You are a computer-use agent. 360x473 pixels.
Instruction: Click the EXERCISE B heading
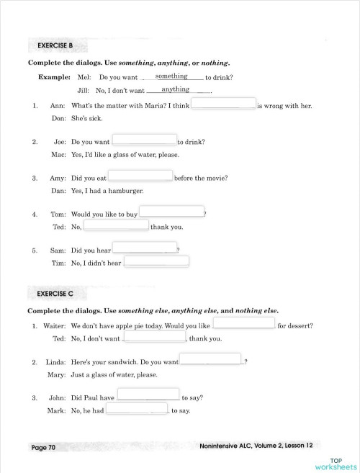pos(55,46)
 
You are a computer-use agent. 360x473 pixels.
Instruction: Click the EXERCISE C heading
pos(55,294)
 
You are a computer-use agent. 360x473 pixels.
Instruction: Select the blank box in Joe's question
pos(144,140)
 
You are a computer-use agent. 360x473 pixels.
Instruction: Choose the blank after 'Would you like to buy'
pos(171,211)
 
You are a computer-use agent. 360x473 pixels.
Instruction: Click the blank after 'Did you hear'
pos(144,248)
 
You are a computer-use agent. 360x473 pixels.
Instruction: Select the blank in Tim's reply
pos(156,261)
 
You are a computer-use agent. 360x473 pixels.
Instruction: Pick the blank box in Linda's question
pos(210,359)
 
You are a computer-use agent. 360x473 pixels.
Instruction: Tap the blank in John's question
pos(148,394)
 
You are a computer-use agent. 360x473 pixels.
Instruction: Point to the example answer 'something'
pos(171,76)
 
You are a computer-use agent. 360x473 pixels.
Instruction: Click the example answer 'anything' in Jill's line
pos(175,89)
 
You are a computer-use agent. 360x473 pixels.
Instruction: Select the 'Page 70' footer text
pos(43,447)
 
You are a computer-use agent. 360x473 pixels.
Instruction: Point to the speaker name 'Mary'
pos(56,375)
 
